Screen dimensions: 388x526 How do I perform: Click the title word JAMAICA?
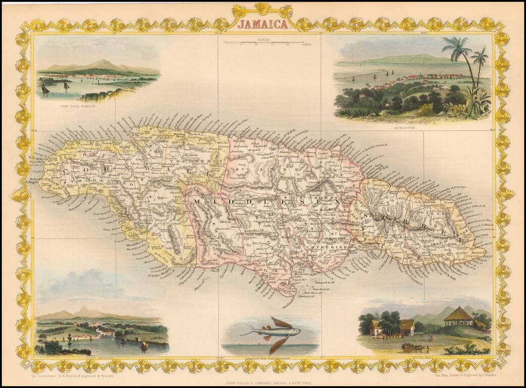pyautogui.click(x=263, y=24)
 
